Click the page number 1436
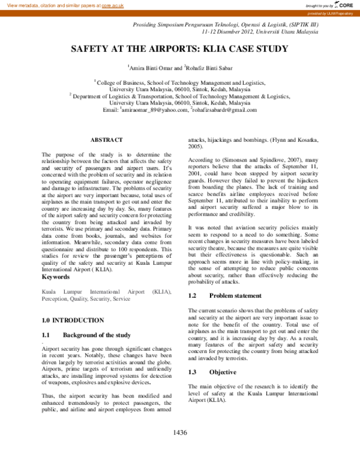tap(180, 432)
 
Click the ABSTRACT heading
tap(106, 139)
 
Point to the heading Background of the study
tap(97, 334)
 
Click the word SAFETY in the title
tap(92, 49)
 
